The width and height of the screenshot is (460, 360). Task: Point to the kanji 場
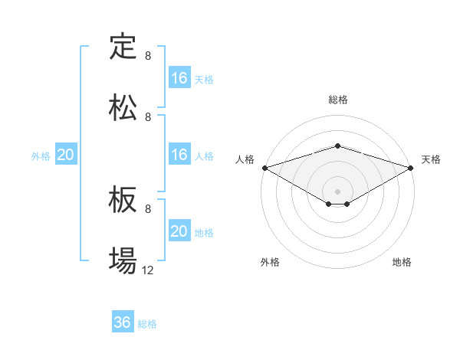(x=123, y=261)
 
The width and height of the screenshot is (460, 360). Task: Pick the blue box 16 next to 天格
(x=179, y=78)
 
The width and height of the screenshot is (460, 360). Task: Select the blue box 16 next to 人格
(x=179, y=155)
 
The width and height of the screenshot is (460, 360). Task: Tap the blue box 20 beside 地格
(x=179, y=231)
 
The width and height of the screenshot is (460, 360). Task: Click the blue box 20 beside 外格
(x=66, y=155)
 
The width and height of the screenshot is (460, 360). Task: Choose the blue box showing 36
(x=123, y=322)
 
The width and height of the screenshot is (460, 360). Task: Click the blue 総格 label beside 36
(x=148, y=324)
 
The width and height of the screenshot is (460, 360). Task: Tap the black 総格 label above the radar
(x=337, y=100)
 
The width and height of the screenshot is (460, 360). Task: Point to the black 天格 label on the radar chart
(x=432, y=159)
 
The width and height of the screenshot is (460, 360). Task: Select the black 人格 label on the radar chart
(x=245, y=159)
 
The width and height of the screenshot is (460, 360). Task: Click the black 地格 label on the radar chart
(x=402, y=262)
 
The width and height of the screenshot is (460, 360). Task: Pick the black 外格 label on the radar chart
(x=270, y=262)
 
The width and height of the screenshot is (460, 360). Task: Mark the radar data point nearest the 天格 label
(x=411, y=167)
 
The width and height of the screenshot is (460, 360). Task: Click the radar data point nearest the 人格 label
(x=264, y=167)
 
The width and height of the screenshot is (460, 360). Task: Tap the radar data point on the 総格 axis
(x=337, y=146)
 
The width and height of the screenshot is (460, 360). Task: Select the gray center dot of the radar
(x=337, y=191)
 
